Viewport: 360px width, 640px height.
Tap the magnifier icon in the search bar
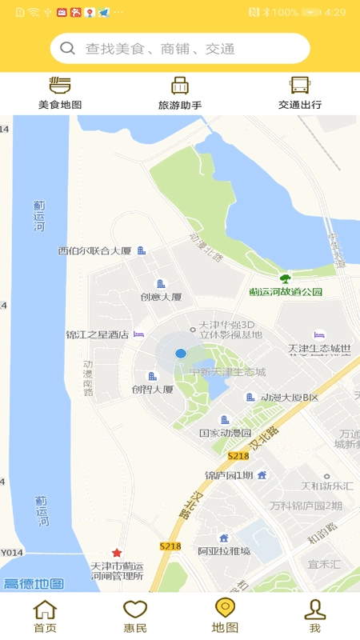point(68,49)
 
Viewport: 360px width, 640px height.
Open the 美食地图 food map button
point(60,93)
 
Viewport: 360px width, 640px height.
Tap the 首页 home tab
point(45,616)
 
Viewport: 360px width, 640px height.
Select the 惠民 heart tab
point(135,616)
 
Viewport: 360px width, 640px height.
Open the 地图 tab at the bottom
point(225,616)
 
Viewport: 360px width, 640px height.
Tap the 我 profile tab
point(315,616)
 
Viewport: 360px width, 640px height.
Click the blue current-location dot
point(181,354)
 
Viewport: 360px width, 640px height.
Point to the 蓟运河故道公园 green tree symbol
point(285,279)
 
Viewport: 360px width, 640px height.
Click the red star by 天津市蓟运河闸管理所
point(117,553)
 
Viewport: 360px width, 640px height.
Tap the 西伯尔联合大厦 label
point(94,251)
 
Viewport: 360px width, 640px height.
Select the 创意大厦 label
point(161,297)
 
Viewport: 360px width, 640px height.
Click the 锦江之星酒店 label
point(97,335)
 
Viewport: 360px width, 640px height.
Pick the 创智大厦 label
point(153,390)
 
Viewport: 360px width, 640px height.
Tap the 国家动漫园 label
point(226,433)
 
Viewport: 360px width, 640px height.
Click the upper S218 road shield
point(238,456)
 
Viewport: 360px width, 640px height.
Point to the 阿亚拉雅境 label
point(224,550)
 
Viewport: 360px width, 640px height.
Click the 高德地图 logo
point(34,584)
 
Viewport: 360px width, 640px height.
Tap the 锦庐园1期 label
point(229,475)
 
